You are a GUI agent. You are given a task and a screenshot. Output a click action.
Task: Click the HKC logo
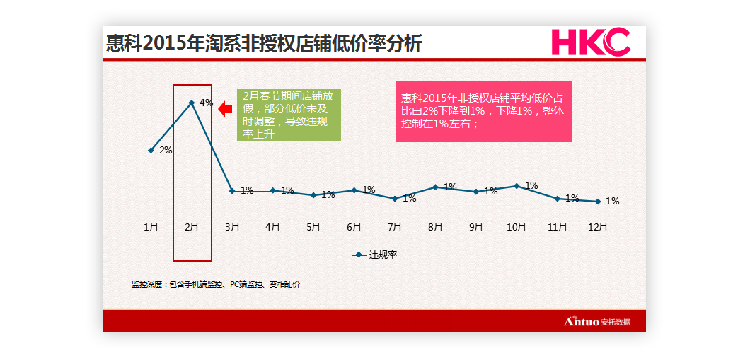point(590,42)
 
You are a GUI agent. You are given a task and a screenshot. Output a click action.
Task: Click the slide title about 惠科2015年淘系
point(263,44)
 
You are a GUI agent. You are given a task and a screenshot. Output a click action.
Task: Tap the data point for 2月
point(192,103)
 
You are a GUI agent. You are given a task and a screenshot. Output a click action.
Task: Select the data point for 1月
point(151,150)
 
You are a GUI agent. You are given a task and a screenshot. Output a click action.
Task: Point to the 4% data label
point(206,103)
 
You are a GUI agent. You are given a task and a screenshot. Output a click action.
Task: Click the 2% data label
point(166,150)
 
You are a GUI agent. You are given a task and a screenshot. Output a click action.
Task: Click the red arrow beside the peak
point(225,109)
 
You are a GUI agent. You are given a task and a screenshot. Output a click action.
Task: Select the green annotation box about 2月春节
point(289,115)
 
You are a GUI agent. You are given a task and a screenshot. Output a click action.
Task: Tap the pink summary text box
point(483,110)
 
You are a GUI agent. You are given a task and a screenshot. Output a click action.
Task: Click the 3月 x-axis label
point(232,227)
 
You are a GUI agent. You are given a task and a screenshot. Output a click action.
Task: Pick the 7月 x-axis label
point(395,227)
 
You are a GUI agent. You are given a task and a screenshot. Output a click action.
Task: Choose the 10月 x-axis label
point(517,227)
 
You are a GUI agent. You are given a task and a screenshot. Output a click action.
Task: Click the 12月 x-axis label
point(598,227)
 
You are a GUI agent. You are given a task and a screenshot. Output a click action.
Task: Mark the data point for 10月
point(517,186)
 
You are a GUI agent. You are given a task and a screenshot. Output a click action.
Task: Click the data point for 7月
point(395,199)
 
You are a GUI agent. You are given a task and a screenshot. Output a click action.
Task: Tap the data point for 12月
point(598,202)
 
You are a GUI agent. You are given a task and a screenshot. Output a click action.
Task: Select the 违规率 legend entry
point(375,255)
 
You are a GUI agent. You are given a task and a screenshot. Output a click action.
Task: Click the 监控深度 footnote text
point(216,284)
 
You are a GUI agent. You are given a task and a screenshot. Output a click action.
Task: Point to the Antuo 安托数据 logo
point(596,322)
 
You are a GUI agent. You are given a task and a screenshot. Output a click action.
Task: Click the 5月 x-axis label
point(313,227)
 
